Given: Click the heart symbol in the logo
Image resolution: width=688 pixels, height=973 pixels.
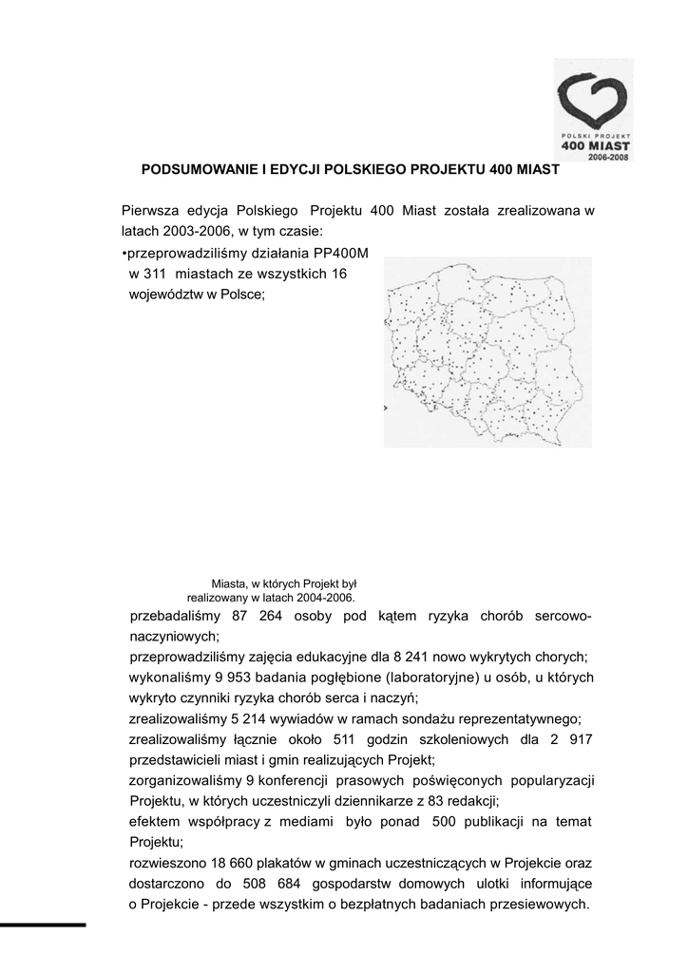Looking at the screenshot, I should tap(593, 101).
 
